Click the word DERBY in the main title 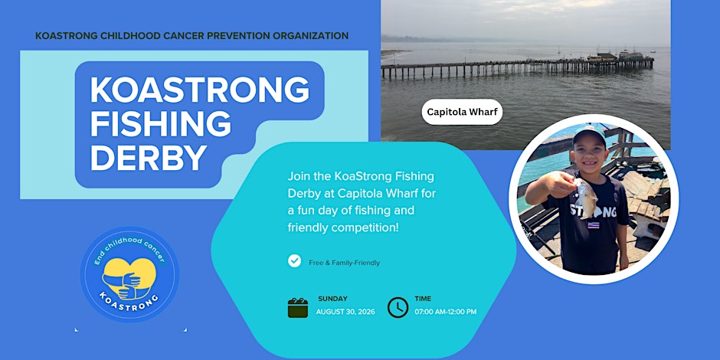[149, 158]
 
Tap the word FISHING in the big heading [161, 123]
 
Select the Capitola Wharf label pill [462, 112]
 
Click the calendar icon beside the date [297, 308]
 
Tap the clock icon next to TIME [398, 308]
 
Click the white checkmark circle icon [294, 261]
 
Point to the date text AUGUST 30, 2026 [345, 312]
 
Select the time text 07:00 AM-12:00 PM [446, 312]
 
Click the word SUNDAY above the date [333, 299]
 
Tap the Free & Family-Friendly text [345, 263]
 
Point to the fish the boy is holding [585, 198]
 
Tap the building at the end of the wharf [602, 57]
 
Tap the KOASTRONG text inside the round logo [129, 302]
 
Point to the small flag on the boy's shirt [594, 225]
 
